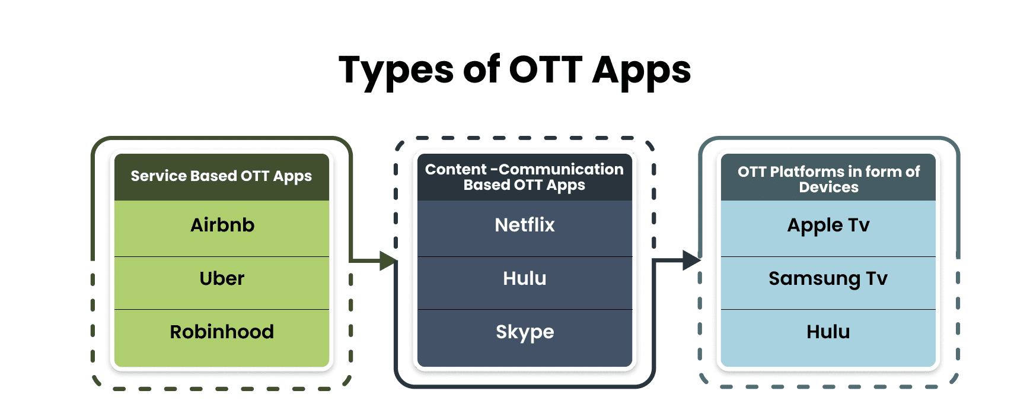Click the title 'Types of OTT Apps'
point(515,70)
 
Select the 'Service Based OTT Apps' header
point(221,176)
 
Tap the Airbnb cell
point(222,226)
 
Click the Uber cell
point(222,279)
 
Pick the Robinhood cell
point(222,332)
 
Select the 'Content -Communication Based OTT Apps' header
point(524,177)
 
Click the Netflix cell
point(525,226)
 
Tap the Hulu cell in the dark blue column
point(525,279)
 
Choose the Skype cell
point(525,332)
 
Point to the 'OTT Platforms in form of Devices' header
point(828,179)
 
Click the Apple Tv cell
point(828,226)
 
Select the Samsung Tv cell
point(828,279)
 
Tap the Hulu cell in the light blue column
point(828,332)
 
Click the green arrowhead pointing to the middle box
point(388,261)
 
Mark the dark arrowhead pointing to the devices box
point(691,260)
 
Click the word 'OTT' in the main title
point(546,70)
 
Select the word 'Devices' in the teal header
point(828,188)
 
